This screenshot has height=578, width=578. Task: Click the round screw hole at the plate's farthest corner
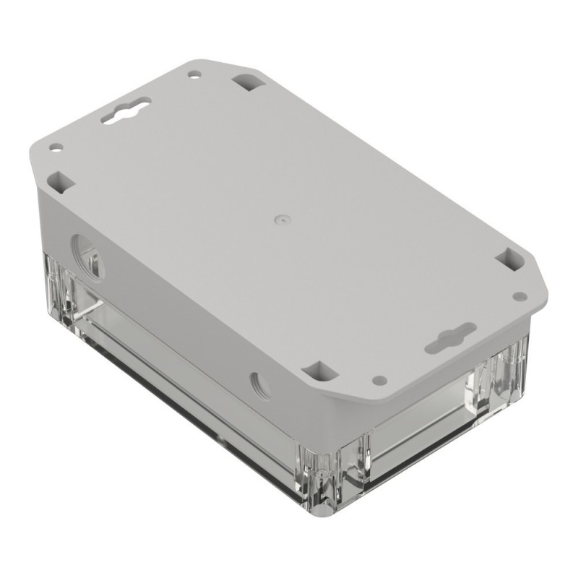coord(194,74)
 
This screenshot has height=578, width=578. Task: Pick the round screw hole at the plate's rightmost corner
coord(518,296)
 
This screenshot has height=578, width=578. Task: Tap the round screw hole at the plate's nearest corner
coord(377,379)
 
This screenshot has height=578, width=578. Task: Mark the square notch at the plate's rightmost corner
coord(511,259)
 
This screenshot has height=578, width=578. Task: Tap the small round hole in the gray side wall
coord(260,384)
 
